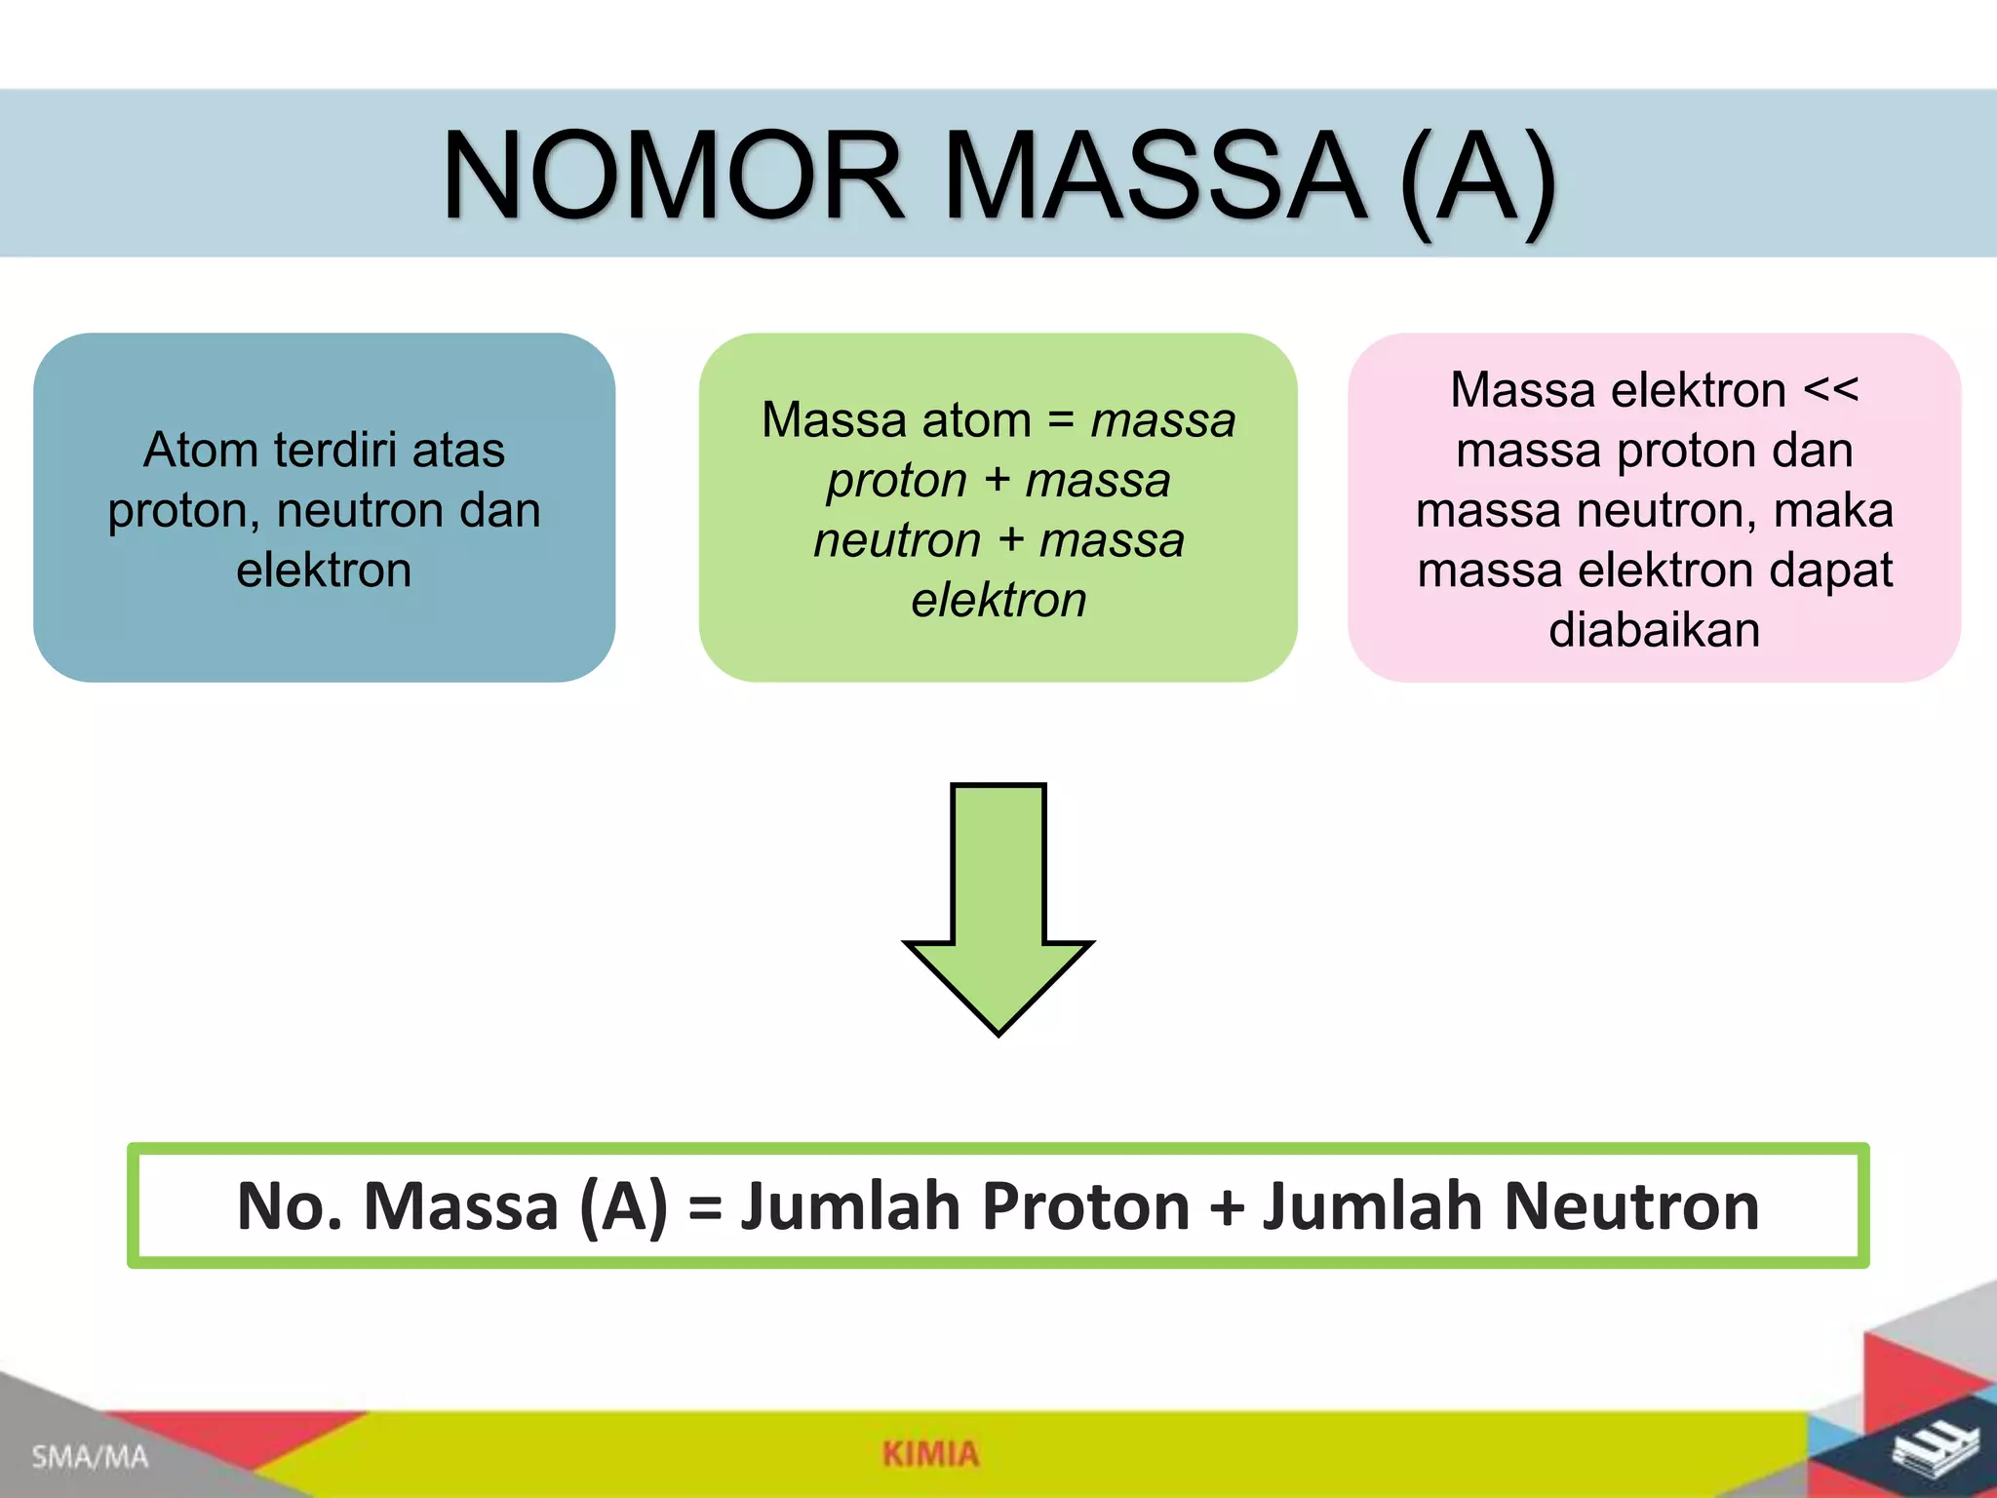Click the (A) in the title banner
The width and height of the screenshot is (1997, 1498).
(x=1477, y=177)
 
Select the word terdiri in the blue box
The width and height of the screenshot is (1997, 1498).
(x=334, y=451)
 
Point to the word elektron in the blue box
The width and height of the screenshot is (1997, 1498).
(x=324, y=571)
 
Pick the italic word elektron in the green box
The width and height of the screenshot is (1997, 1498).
(x=998, y=601)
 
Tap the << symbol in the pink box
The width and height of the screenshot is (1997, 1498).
(x=1830, y=390)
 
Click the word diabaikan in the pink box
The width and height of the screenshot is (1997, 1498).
(x=1654, y=630)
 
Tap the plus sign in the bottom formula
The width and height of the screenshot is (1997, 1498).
(x=1227, y=1207)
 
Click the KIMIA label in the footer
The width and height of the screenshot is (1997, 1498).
(x=930, y=1454)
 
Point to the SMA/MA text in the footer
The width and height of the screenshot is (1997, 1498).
(x=90, y=1457)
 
